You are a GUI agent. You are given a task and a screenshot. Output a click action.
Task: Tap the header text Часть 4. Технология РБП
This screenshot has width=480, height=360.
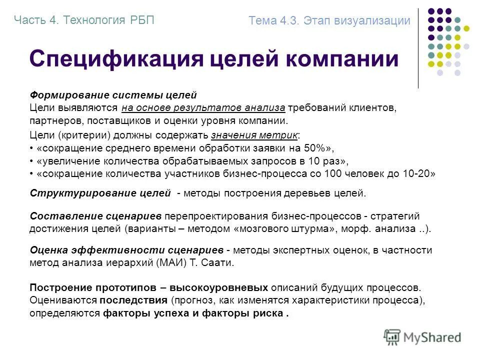tap(84, 20)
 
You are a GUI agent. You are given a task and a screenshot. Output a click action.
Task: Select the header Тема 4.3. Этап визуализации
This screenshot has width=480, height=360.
tap(329, 20)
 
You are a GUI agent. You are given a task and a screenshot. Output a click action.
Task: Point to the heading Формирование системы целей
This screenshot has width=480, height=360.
tap(113, 95)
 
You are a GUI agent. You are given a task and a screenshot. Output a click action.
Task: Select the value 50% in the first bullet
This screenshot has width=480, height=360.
tap(318, 148)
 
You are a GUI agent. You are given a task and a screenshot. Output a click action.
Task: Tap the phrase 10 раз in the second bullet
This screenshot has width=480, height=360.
tap(330, 161)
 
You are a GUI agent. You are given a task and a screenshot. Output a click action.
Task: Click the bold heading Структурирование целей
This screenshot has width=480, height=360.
tap(100, 193)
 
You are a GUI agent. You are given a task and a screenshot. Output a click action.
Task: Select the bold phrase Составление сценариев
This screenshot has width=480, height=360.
tap(95, 216)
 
